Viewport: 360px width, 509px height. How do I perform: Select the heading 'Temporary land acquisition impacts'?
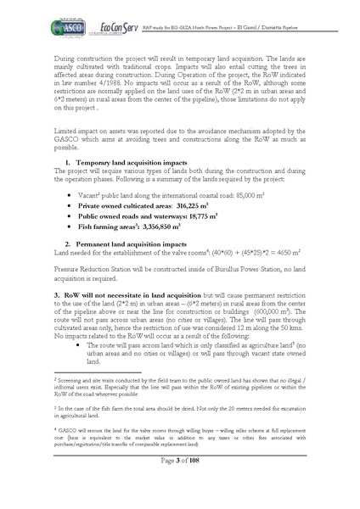point(124,161)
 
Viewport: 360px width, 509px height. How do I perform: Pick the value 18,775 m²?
point(205,218)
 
